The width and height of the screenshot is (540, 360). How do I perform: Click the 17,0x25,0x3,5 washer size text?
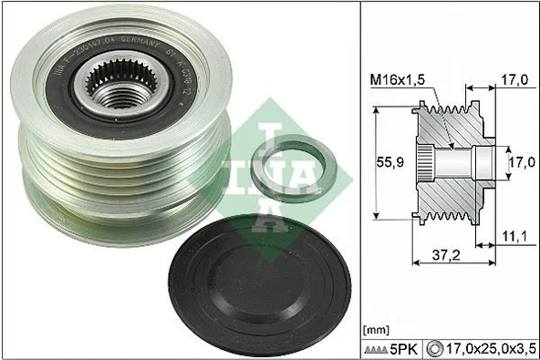(x=488, y=347)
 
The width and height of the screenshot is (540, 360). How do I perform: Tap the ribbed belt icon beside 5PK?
(x=376, y=348)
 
